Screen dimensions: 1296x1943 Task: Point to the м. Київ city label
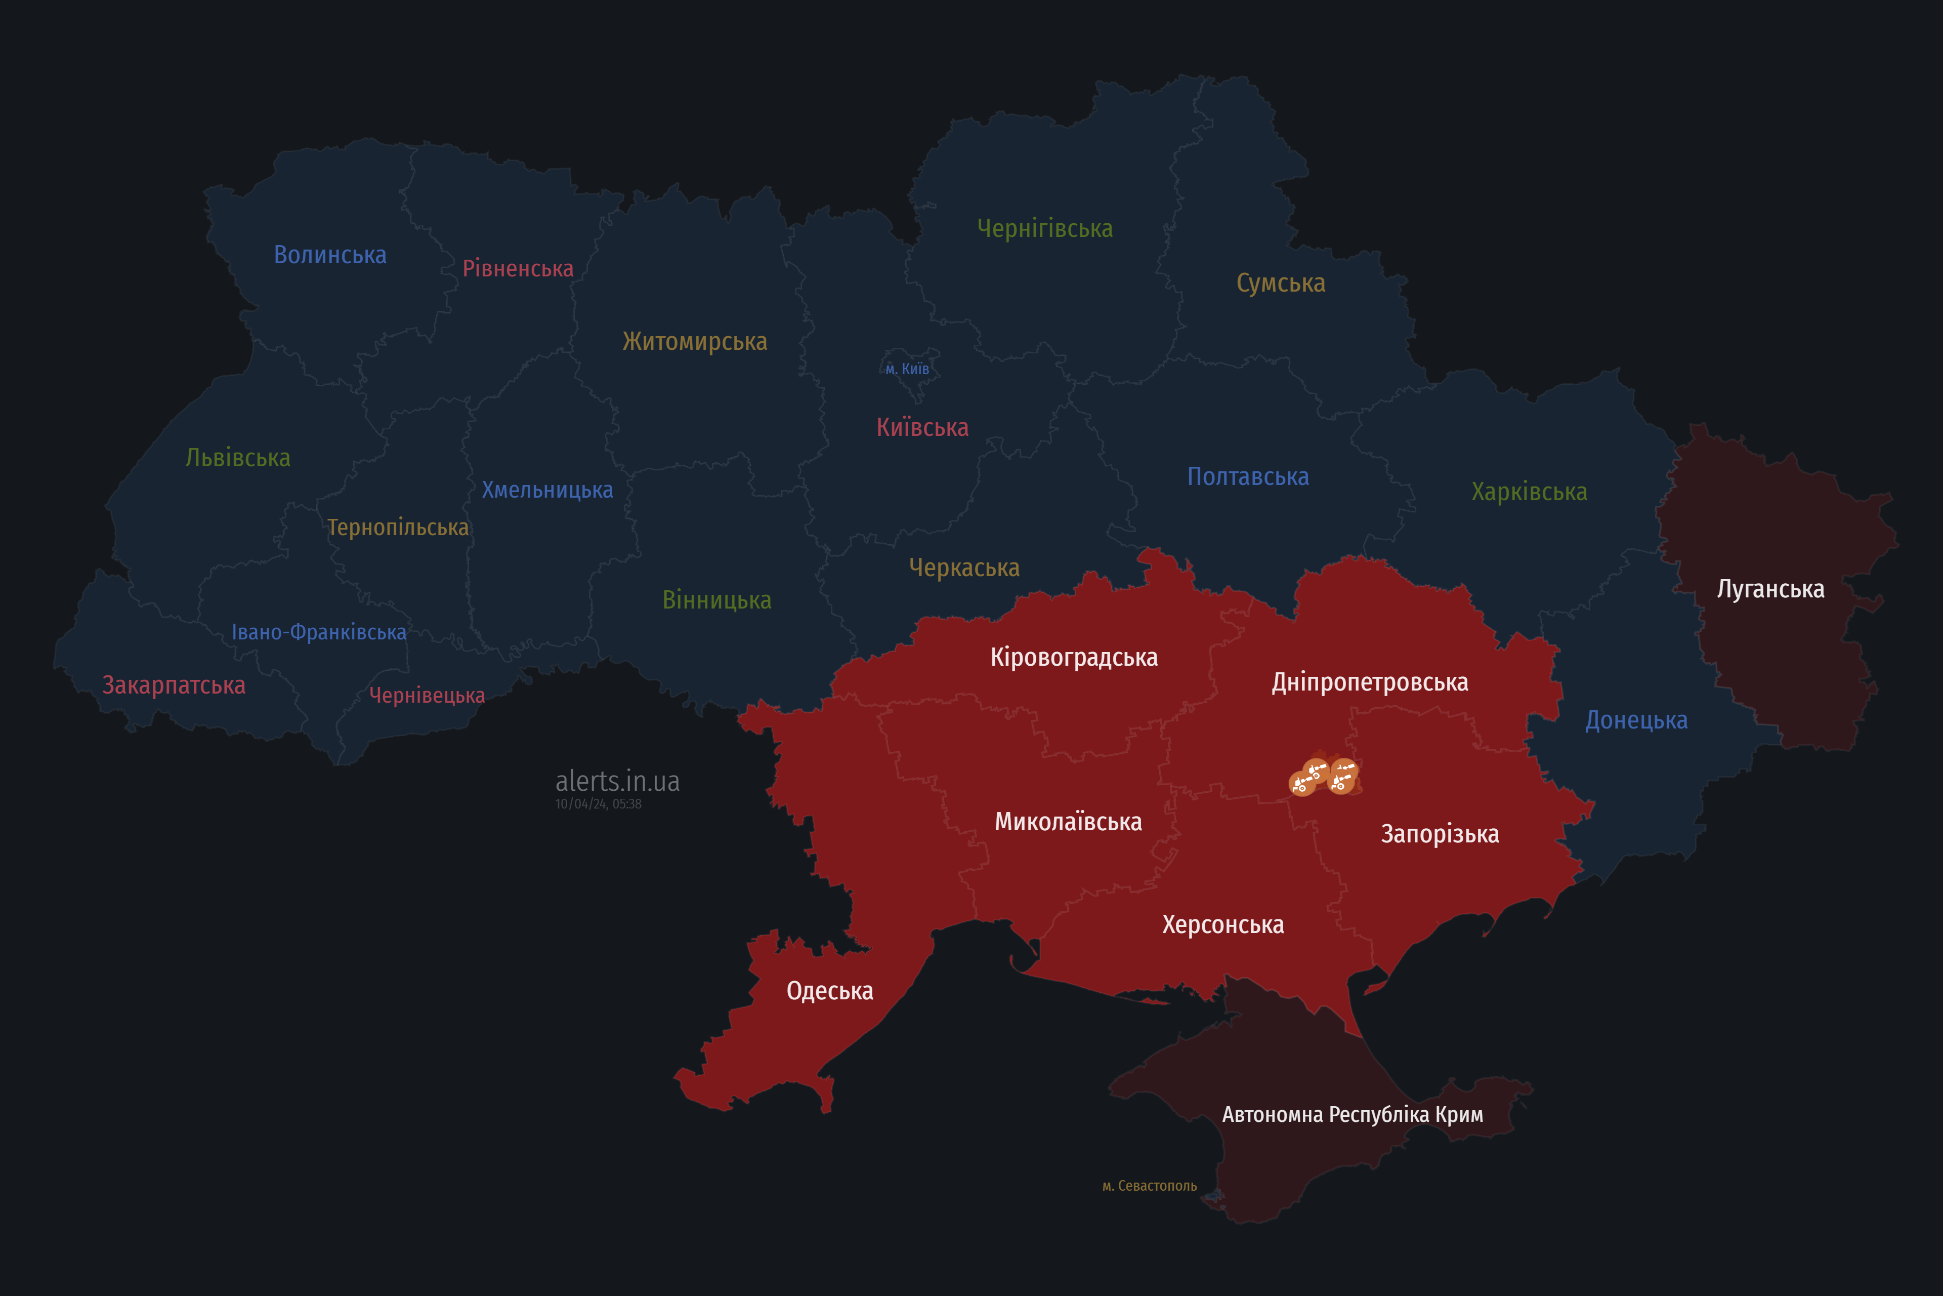(x=907, y=369)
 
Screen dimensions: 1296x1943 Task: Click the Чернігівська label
(x=1044, y=228)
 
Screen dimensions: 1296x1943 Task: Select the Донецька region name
(x=1636, y=720)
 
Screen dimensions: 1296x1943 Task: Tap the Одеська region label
(x=829, y=990)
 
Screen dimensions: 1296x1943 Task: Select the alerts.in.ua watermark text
(x=617, y=781)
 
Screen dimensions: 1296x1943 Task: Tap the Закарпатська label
(x=174, y=685)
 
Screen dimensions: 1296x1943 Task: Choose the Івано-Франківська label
(x=318, y=632)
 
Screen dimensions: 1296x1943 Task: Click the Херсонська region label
(x=1222, y=924)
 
